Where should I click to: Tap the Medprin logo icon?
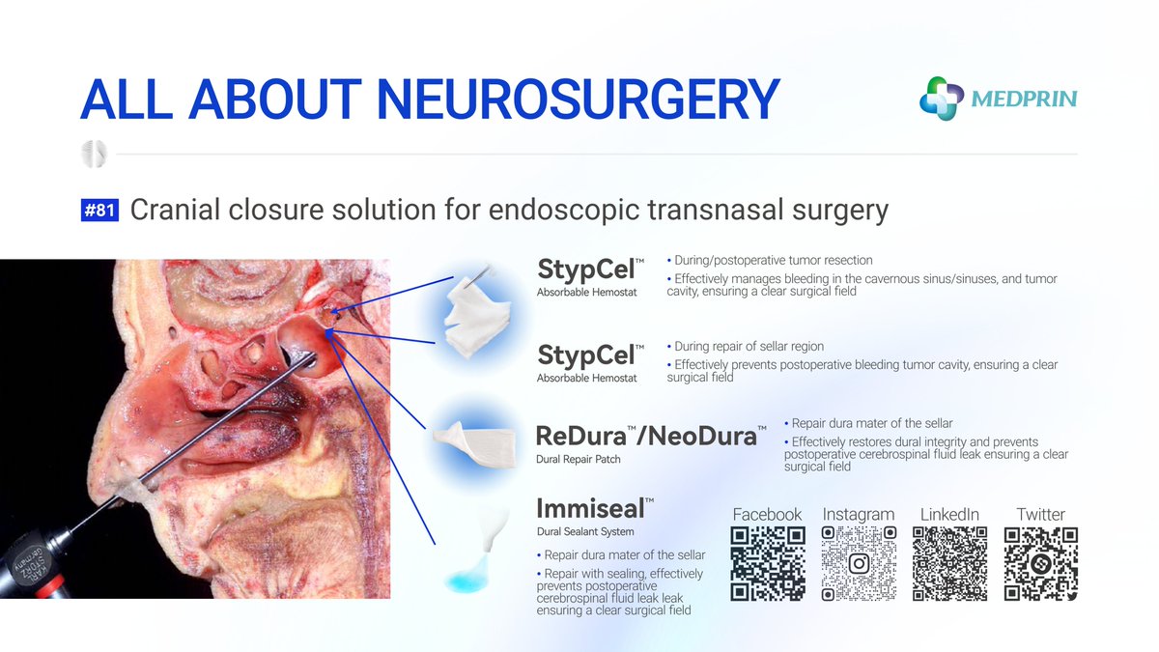tap(942, 99)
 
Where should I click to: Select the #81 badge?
tap(99, 211)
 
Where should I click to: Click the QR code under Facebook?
tap(768, 564)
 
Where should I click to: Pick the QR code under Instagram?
tap(859, 564)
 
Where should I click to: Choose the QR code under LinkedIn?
tap(949, 564)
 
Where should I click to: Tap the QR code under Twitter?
tap(1040, 564)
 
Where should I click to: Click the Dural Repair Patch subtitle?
tap(579, 460)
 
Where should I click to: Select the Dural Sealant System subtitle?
tap(585, 532)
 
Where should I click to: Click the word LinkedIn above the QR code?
tap(949, 515)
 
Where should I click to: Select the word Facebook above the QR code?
tap(768, 515)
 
